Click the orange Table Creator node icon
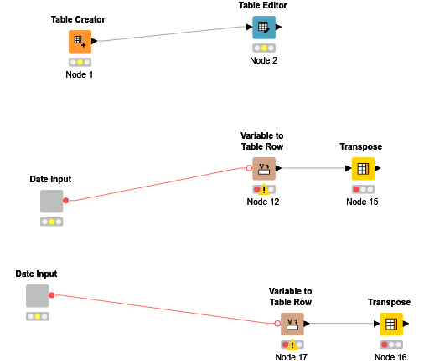click(x=80, y=41)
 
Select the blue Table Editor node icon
click(x=264, y=28)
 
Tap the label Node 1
click(x=80, y=74)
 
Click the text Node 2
click(x=263, y=60)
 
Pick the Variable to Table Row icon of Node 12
click(x=264, y=169)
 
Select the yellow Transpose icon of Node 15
click(x=362, y=169)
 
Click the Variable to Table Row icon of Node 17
click(x=292, y=324)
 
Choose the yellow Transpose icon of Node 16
click(x=390, y=324)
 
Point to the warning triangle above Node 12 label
click(x=264, y=190)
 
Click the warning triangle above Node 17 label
click(x=292, y=345)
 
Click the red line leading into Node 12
click(x=159, y=184)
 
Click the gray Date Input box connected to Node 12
click(x=52, y=202)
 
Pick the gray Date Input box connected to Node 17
click(x=37, y=296)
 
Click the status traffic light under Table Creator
click(x=80, y=62)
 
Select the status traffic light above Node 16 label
click(x=390, y=345)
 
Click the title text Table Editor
click(x=263, y=6)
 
